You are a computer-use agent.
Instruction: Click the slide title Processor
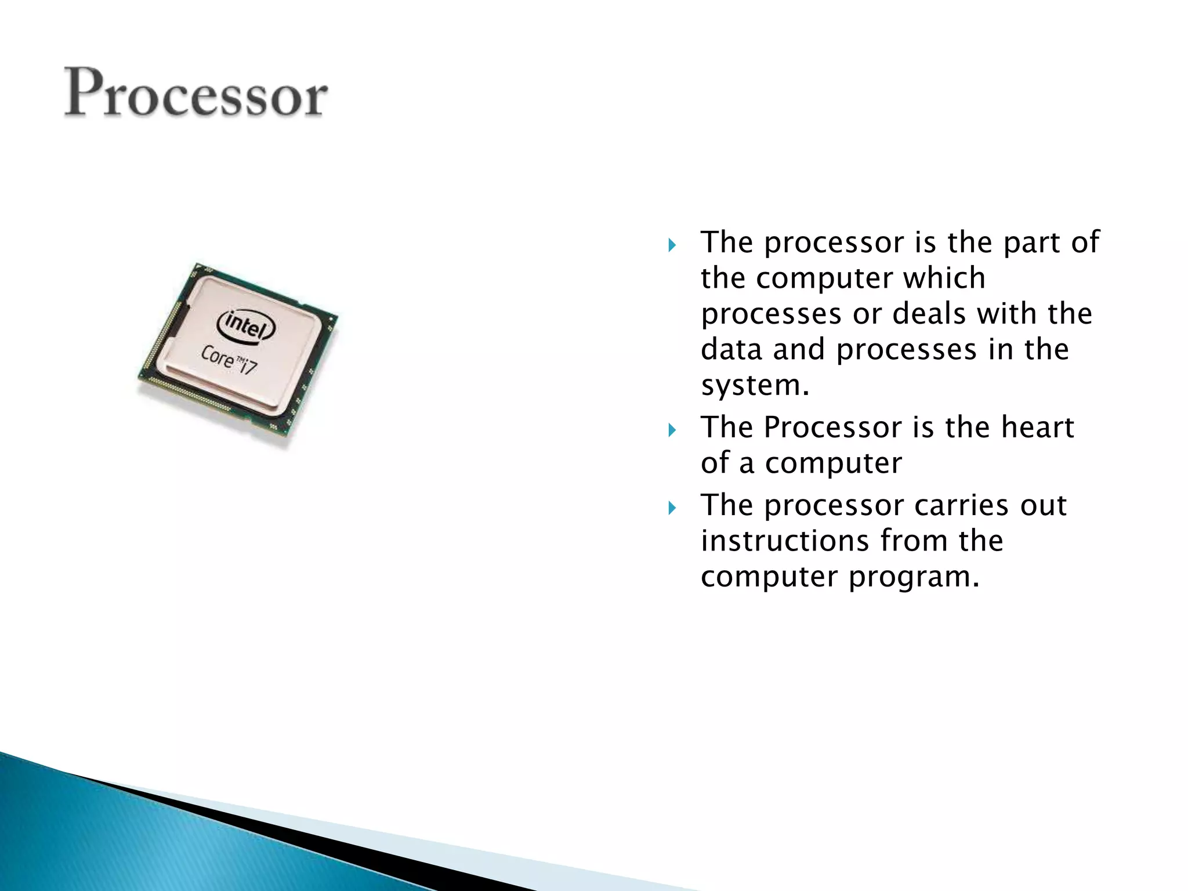pyautogui.click(x=196, y=93)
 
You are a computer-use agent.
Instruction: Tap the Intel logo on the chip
pyautogui.click(x=246, y=325)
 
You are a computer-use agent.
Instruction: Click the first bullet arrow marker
pyautogui.click(x=672, y=245)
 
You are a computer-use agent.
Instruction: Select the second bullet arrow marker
pyautogui.click(x=672, y=430)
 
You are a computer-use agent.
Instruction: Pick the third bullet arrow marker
pyautogui.click(x=672, y=508)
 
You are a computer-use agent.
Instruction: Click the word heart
pyautogui.click(x=1038, y=428)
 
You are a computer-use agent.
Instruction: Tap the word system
pyautogui.click(x=754, y=385)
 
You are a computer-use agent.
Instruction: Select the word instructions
pyautogui.click(x=784, y=541)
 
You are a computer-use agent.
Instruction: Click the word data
pyautogui.click(x=731, y=349)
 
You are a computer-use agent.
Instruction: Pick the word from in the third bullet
pyautogui.click(x=912, y=541)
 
